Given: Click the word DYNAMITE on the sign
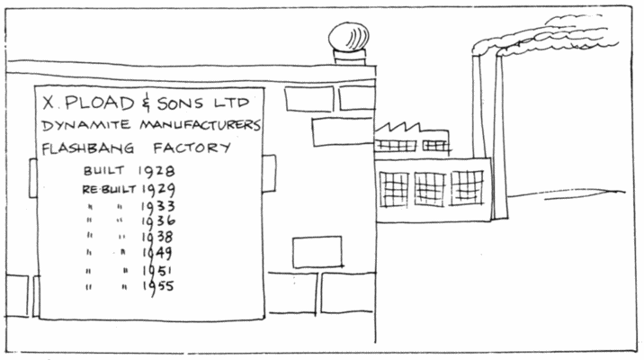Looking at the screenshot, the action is (x=86, y=125).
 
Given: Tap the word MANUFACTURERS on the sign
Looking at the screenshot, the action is (x=200, y=124).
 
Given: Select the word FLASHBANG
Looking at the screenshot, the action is (x=88, y=148).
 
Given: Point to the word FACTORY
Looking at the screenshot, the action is (x=192, y=148).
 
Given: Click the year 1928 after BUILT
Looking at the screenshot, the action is (x=157, y=171).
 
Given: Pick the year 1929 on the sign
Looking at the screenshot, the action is (x=158, y=190).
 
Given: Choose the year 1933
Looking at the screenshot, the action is (x=158, y=206).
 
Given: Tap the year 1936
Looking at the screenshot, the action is (x=158, y=221).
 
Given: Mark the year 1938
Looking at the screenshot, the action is (x=157, y=237).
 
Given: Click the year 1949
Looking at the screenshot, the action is (x=157, y=253).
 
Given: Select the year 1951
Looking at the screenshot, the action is (x=157, y=271).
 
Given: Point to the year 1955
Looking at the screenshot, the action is (x=158, y=286).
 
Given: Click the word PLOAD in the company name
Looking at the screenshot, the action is (x=100, y=103).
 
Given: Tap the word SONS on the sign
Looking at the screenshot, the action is (x=180, y=103).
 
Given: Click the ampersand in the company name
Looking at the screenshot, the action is (x=146, y=104).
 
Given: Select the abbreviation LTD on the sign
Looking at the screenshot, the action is (x=232, y=103).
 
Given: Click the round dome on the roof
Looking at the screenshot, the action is (x=349, y=36).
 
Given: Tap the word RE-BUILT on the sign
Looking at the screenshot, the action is (x=109, y=190).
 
